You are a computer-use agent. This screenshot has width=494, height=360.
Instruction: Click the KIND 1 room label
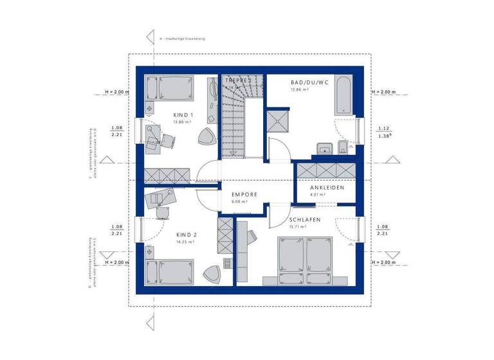pos(183,115)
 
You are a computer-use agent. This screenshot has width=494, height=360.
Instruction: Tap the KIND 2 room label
pos(186,235)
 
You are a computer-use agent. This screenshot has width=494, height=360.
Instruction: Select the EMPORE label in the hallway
pos(245,194)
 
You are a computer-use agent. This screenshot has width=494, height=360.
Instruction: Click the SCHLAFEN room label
pos(304,220)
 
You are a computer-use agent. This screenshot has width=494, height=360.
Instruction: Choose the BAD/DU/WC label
pos(309,83)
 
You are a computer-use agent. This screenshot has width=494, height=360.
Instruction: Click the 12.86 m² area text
pos(300,91)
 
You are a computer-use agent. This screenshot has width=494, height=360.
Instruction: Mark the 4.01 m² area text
pos(318,194)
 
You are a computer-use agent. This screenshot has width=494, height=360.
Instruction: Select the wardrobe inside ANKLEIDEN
pos(324,170)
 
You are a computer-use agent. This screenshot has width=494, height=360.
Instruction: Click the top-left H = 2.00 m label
pos(117,92)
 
